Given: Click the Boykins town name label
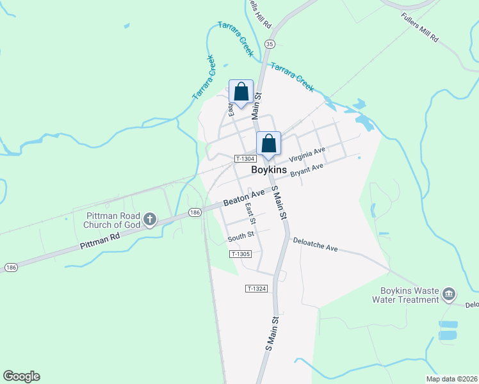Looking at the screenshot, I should coord(269,170).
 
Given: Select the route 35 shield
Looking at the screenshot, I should coord(270,44).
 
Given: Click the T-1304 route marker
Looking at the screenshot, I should coord(245,159).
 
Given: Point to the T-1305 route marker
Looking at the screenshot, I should coord(239,254).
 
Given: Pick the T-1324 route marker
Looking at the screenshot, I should coord(255,289).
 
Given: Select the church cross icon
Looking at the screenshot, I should coord(149,220).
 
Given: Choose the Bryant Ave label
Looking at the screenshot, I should coord(307,171).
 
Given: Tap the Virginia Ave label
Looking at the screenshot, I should coord(307,154).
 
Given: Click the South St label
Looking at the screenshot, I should coord(241,237).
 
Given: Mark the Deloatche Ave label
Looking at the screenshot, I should coord(315,244).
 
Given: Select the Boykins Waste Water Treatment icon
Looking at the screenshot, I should coord(448,294).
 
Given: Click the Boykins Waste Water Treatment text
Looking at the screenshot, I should coord(408,294).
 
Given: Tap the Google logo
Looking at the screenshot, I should coord(21,376).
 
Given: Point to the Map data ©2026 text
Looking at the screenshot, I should coord(451,379).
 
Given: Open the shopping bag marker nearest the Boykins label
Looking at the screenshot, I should coord(269,144).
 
